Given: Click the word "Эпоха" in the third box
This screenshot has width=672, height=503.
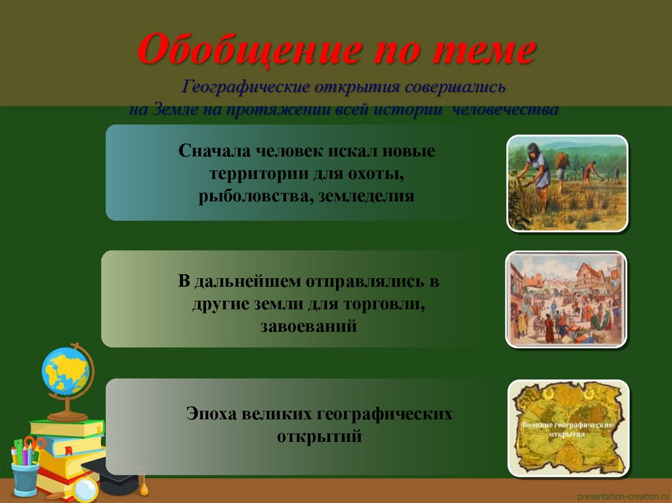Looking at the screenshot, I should (x=209, y=414).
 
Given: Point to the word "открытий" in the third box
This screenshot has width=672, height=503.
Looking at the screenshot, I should (x=319, y=436).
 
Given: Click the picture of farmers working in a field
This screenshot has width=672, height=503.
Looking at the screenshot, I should (x=567, y=183).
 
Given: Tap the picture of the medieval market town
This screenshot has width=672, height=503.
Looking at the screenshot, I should (x=566, y=299).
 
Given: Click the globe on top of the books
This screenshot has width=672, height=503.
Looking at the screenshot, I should (x=65, y=373).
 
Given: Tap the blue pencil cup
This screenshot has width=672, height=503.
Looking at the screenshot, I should (x=25, y=477).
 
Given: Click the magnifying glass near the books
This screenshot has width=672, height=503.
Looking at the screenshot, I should (x=84, y=489).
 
